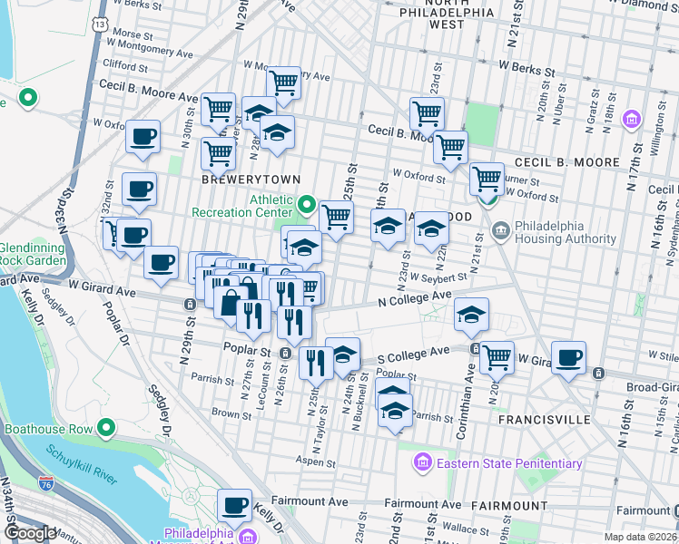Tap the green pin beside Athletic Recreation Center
click(307, 206)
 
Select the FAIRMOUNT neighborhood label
click(509, 505)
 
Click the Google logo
click(29, 532)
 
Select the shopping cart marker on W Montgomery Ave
click(284, 83)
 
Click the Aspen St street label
click(318, 462)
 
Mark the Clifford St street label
click(125, 66)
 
